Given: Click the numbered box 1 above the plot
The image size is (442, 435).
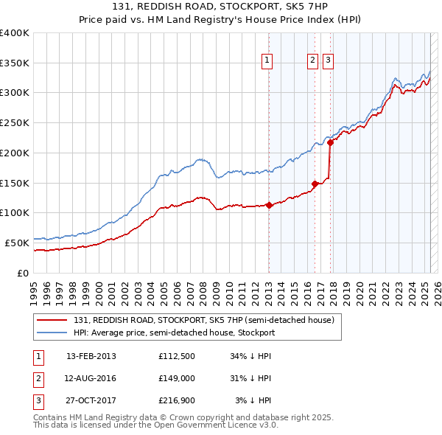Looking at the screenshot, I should [x=266, y=61].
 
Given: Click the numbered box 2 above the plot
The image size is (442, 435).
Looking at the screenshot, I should [x=312, y=61].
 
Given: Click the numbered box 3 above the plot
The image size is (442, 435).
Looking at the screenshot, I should [x=328, y=61].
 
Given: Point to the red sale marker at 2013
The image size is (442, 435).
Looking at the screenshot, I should [x=269, y=206].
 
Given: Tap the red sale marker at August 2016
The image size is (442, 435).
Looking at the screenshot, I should [x=315, y=184].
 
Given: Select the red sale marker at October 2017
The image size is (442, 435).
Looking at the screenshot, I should [x=330, y=143].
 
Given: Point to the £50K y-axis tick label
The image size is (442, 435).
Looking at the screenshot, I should [x=17, y=243].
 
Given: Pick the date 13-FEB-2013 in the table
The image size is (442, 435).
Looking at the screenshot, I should [x=91, y=356].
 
